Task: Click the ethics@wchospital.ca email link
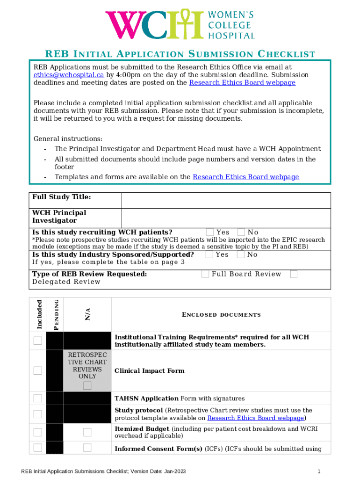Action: coord(68,75)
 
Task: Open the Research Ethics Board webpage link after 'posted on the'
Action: coord(242,83)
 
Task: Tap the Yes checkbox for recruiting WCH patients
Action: coord(210,232)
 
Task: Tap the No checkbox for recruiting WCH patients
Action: coord(241,232)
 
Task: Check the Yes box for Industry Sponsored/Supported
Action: coord(209,254)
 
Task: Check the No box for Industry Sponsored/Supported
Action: coord(241,254)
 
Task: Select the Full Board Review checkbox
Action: coord(205,274)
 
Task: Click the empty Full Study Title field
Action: coord(225,200)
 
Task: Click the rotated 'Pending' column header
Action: coord(56,314)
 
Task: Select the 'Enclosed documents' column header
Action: coord(221,315)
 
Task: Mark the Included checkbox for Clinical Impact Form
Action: coord(37,370)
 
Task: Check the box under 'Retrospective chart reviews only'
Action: coord(87,385)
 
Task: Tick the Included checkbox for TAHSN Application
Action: coord(37,398)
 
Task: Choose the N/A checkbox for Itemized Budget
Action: coord(87,432)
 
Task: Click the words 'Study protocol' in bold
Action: coord(139,410)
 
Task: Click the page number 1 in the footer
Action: coord(318,471)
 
